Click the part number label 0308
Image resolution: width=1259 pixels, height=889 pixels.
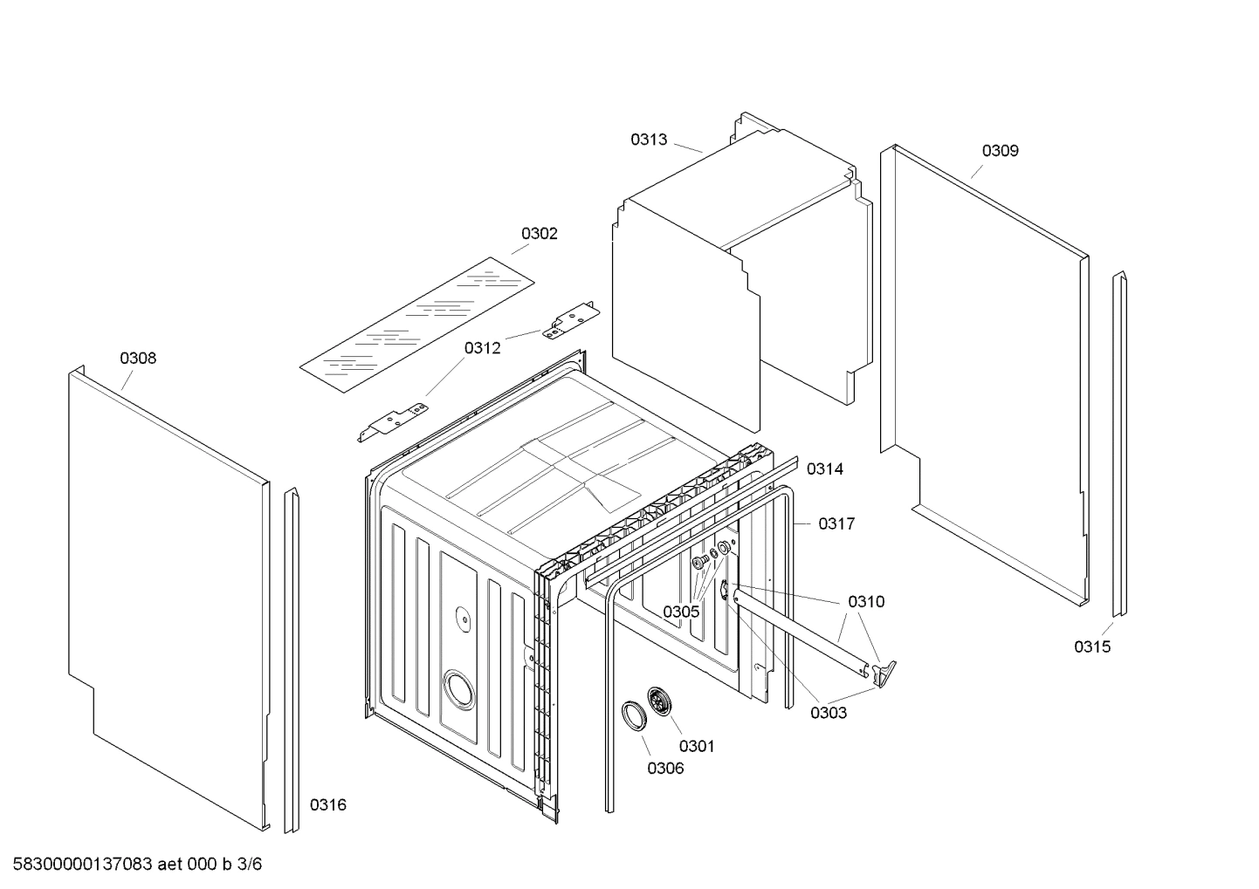[138, 358]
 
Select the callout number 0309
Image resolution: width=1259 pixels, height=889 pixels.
[1000, 150]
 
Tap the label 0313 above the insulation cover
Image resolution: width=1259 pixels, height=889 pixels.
[649, 139]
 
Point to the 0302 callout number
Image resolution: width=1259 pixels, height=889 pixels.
[539, 233]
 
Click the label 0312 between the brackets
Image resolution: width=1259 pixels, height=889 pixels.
[482, 348]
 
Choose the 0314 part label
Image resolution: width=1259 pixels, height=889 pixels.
[824, 469]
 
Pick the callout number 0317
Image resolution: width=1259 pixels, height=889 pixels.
[836, 523]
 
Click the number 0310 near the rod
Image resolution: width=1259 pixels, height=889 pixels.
[865, 601]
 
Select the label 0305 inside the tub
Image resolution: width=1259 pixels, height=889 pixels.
[680, 612]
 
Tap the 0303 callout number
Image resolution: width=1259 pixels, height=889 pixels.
[828, 713]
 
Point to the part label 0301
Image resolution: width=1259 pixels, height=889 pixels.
[697, 745]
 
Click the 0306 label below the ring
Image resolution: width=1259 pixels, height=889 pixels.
[665, 768]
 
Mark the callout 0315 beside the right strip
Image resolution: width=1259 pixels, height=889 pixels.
[1092, 646]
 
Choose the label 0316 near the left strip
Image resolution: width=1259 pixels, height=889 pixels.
[328, 804]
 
